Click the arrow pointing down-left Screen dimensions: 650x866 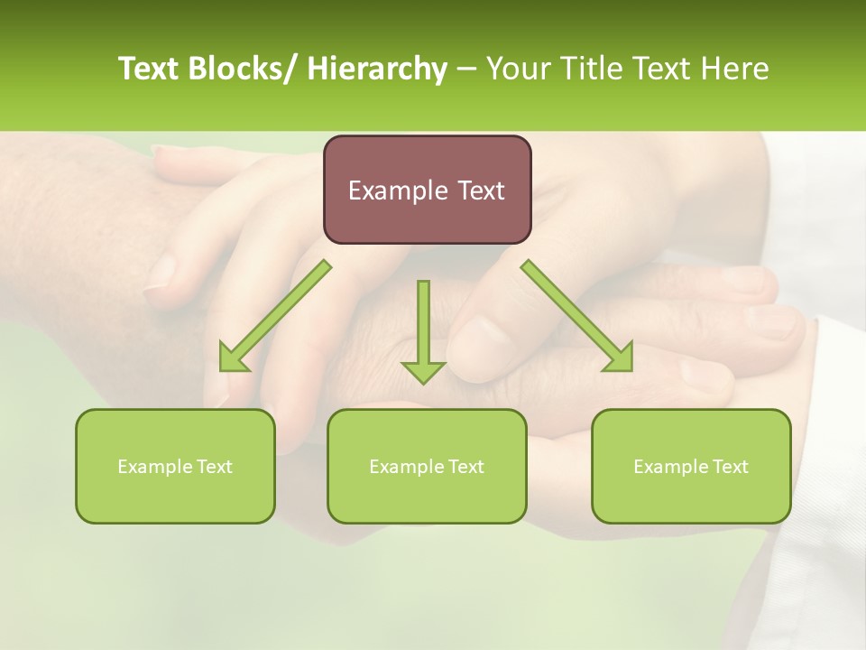275,316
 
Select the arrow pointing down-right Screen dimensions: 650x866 577,316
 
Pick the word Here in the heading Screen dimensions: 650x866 737,69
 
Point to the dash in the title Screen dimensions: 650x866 466,69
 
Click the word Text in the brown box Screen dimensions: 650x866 479,190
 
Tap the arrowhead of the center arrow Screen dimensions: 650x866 423,371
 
